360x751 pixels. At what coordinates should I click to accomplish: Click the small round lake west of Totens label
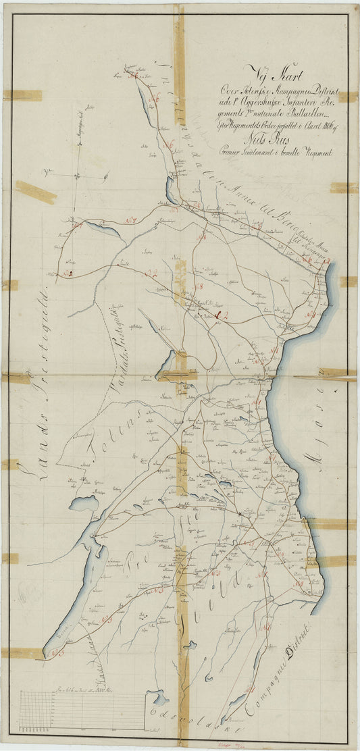(85, 503)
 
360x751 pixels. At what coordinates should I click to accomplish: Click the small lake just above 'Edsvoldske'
(159, 696)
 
